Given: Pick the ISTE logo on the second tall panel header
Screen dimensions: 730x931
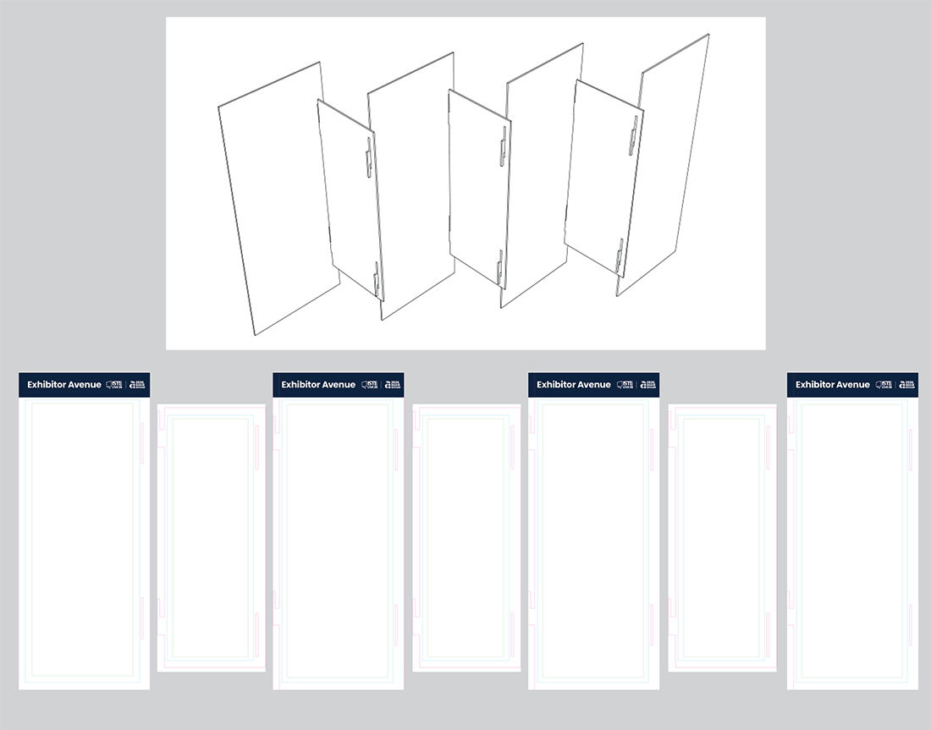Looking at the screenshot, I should point(369,385).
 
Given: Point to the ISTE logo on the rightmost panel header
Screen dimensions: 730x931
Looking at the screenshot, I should point(884,385).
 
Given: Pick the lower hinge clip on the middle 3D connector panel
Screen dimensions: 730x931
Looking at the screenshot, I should point(499,268).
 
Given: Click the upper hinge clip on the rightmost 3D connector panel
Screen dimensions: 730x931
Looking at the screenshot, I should point(632,136).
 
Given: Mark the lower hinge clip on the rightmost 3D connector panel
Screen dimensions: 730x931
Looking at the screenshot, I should point(620,256).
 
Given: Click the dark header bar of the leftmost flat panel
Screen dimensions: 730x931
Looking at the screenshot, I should point(84,385).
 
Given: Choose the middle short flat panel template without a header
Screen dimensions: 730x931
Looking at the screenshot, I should point(466,538).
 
